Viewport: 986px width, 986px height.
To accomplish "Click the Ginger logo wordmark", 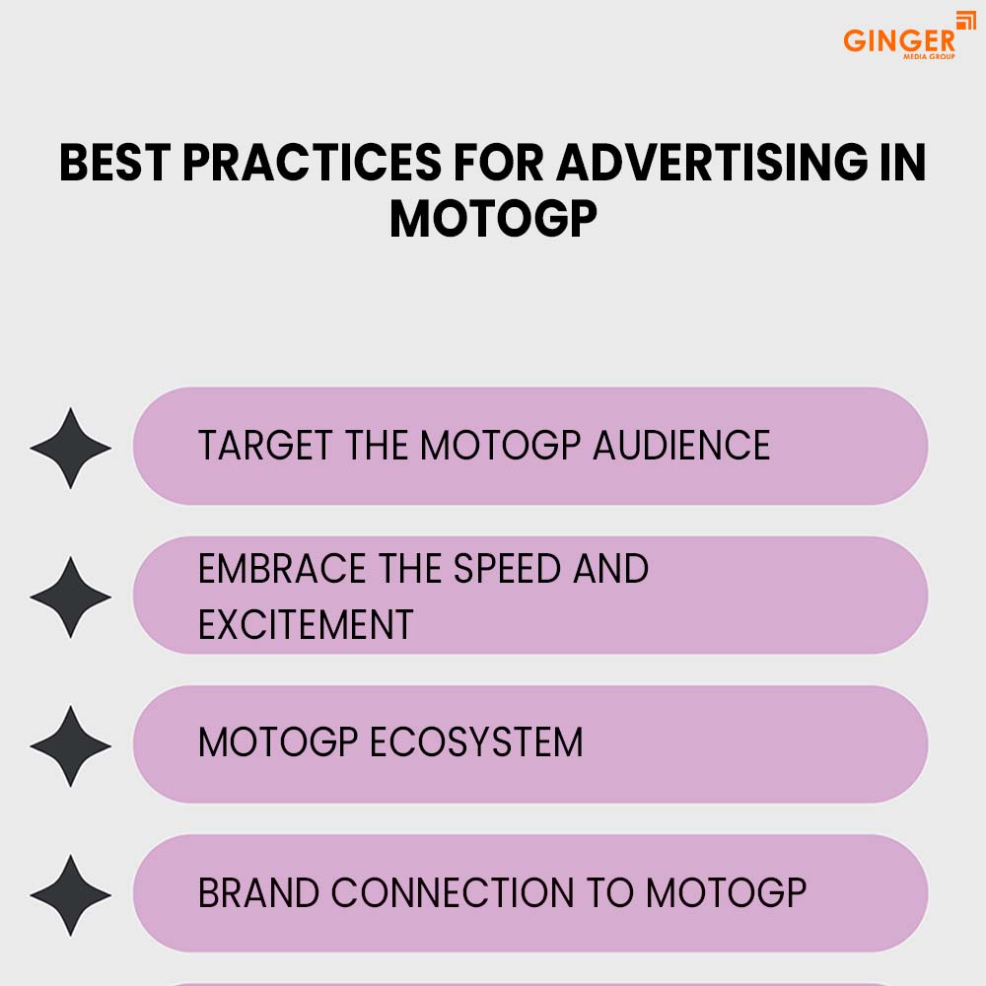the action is pos(898,40).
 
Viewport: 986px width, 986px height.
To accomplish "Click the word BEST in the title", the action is pos(115,163).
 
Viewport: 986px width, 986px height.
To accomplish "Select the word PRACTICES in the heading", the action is pos(313,163).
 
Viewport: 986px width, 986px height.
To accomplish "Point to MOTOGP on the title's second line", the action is pos(493,219).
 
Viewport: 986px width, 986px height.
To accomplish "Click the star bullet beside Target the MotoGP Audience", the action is pos(70,448).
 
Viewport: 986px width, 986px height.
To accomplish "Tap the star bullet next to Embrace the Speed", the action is pos(70,597).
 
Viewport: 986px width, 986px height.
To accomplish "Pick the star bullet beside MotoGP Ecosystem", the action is pos(70,745).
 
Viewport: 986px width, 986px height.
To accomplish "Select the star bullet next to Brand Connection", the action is pos(70,895).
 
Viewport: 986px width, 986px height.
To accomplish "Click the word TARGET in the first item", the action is pos(265,446).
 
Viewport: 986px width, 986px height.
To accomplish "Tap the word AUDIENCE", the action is pos(681,446).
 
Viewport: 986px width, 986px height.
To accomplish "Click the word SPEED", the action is pos(507,569).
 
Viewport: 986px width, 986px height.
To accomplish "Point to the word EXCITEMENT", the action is pos(306,624).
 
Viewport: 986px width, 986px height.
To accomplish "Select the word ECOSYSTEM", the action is pos(476,742).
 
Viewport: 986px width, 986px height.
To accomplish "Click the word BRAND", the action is pos(258,892).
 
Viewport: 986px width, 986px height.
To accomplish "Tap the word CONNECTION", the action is pos(453,892).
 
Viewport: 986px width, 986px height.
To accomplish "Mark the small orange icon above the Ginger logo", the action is pos(966,20).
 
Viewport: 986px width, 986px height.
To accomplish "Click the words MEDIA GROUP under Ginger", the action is pos(929,56).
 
